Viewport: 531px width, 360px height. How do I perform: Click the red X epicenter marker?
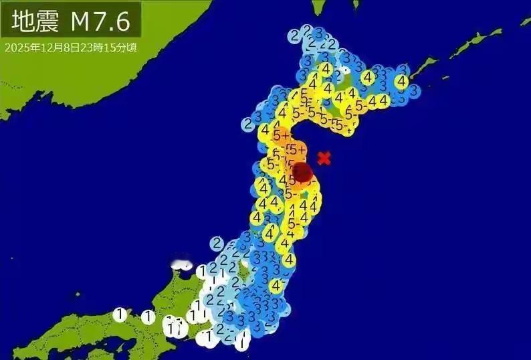(x=324, y=159)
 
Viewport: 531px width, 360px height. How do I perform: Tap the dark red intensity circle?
(x=302, y=172)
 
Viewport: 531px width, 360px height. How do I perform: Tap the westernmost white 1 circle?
(x=120, y=313)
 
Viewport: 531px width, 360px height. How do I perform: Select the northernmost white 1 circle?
(x=201, y=271)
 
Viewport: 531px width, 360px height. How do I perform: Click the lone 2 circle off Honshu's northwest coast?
(x=217, y=243)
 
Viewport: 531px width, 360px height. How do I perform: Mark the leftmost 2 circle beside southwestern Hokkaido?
(x=248, y=123)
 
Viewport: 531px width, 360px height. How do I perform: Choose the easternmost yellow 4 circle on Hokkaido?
(x=401, y=81)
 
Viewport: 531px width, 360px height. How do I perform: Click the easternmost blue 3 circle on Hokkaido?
(x=414, y=89)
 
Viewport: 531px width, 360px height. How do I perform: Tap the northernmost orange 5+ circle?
(x=280, y=135)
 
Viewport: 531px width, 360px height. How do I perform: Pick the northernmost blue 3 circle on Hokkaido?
(x=319, y=33)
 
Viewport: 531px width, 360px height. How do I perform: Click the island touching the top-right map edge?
(x=526, y=21)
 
